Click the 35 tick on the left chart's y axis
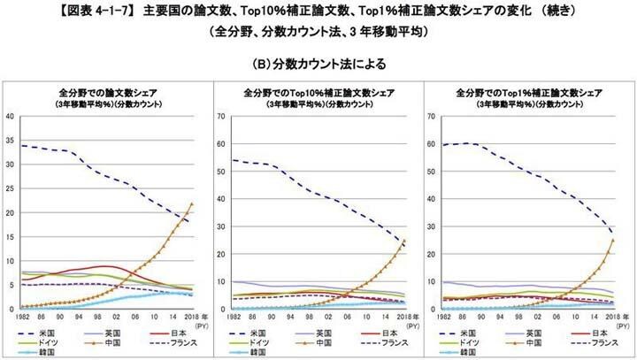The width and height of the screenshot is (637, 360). pyautogui.click(x=10, y=140)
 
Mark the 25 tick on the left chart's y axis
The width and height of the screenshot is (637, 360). pyautogui.click(x=10, y=188)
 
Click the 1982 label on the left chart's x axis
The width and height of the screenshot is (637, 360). pyautogui.click(x=21, y=316)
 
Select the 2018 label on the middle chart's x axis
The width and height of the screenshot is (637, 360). pyautogui.click(x=402, y=316)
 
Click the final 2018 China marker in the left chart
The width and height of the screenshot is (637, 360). pyautogui.click(x=191, y=204)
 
